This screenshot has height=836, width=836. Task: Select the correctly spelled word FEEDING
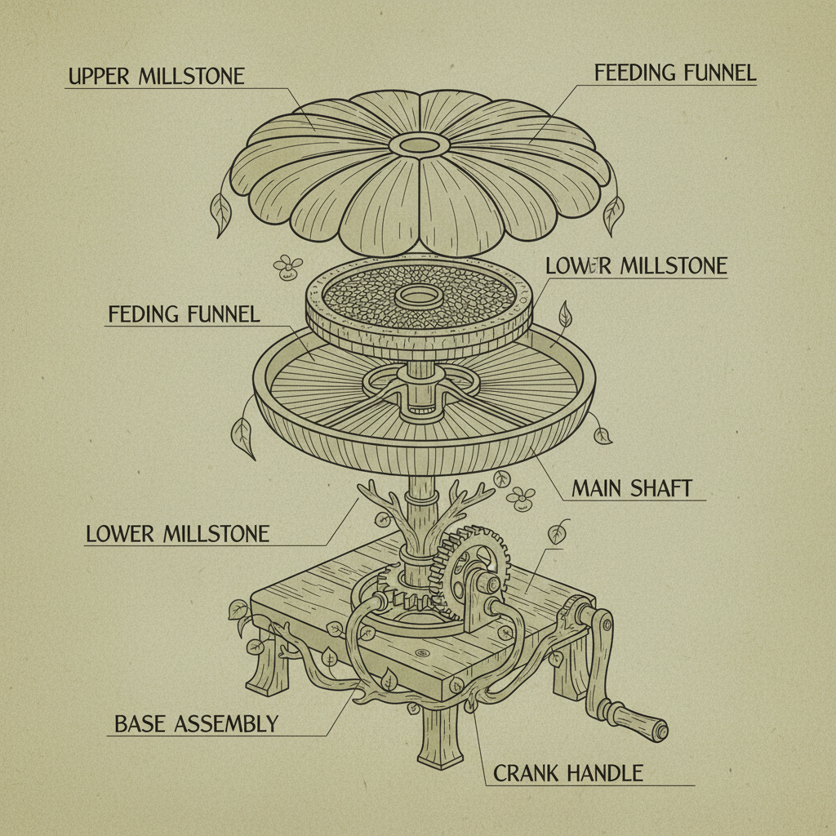[x=634, y=72]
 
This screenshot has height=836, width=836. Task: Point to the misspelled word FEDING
[x=145, y=313]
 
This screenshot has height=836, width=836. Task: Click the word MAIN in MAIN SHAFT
[x=598, y=488]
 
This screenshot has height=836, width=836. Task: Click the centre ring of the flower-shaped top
[x=420, y=145]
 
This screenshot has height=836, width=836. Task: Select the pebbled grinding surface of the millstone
[x=359, y=294]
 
